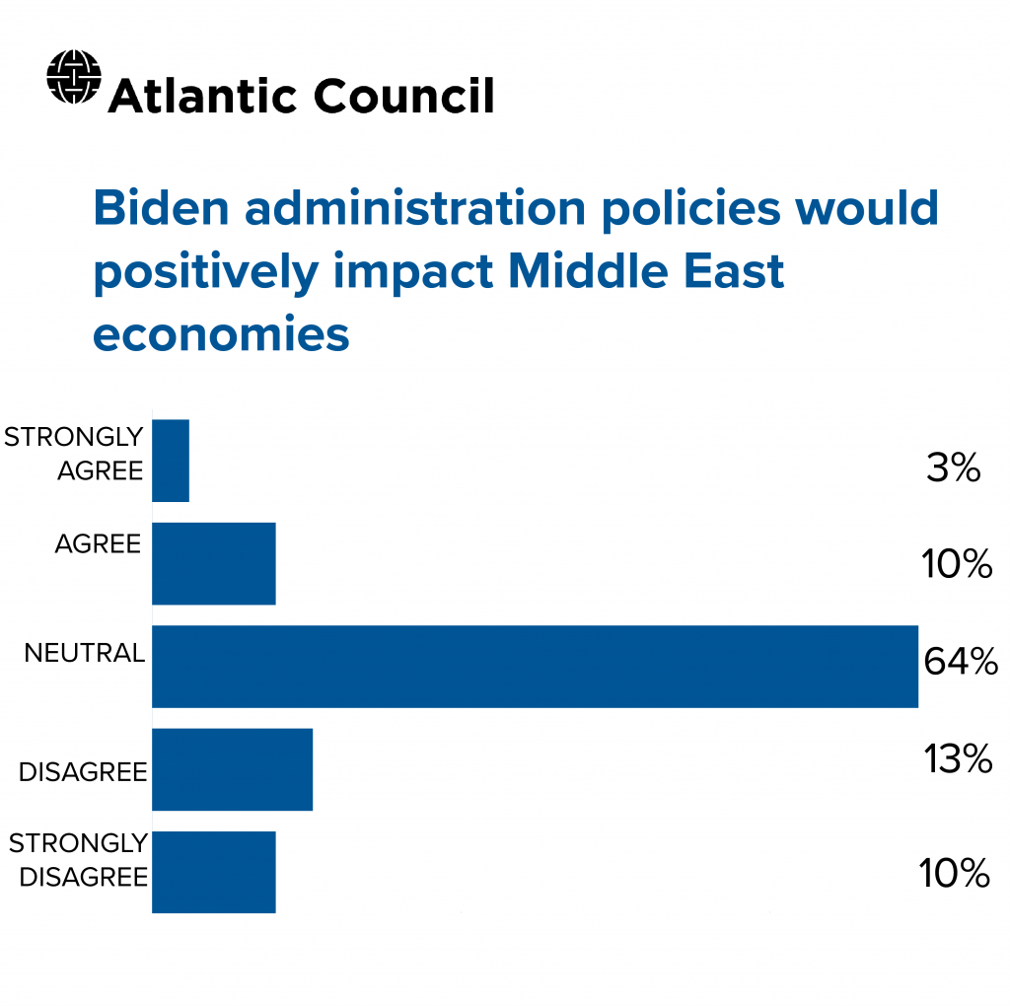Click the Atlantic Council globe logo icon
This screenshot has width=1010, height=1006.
pos(74,77)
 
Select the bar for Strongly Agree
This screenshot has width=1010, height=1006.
pos(171,461)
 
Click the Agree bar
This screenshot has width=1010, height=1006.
pos(214,563)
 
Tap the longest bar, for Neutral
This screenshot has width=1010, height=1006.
pos(535,666)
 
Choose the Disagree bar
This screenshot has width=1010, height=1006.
pos(233,769)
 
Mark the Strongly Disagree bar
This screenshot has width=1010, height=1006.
pos(214,872)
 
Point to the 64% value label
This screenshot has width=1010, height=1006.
pos(961,662)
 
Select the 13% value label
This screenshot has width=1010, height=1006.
pos(957,759)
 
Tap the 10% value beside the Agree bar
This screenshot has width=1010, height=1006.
pos(957,565)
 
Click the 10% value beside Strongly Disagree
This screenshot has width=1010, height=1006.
pos(954,873)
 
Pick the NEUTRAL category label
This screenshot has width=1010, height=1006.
pos(85,653)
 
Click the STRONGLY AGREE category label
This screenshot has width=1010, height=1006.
pos(75,453)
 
